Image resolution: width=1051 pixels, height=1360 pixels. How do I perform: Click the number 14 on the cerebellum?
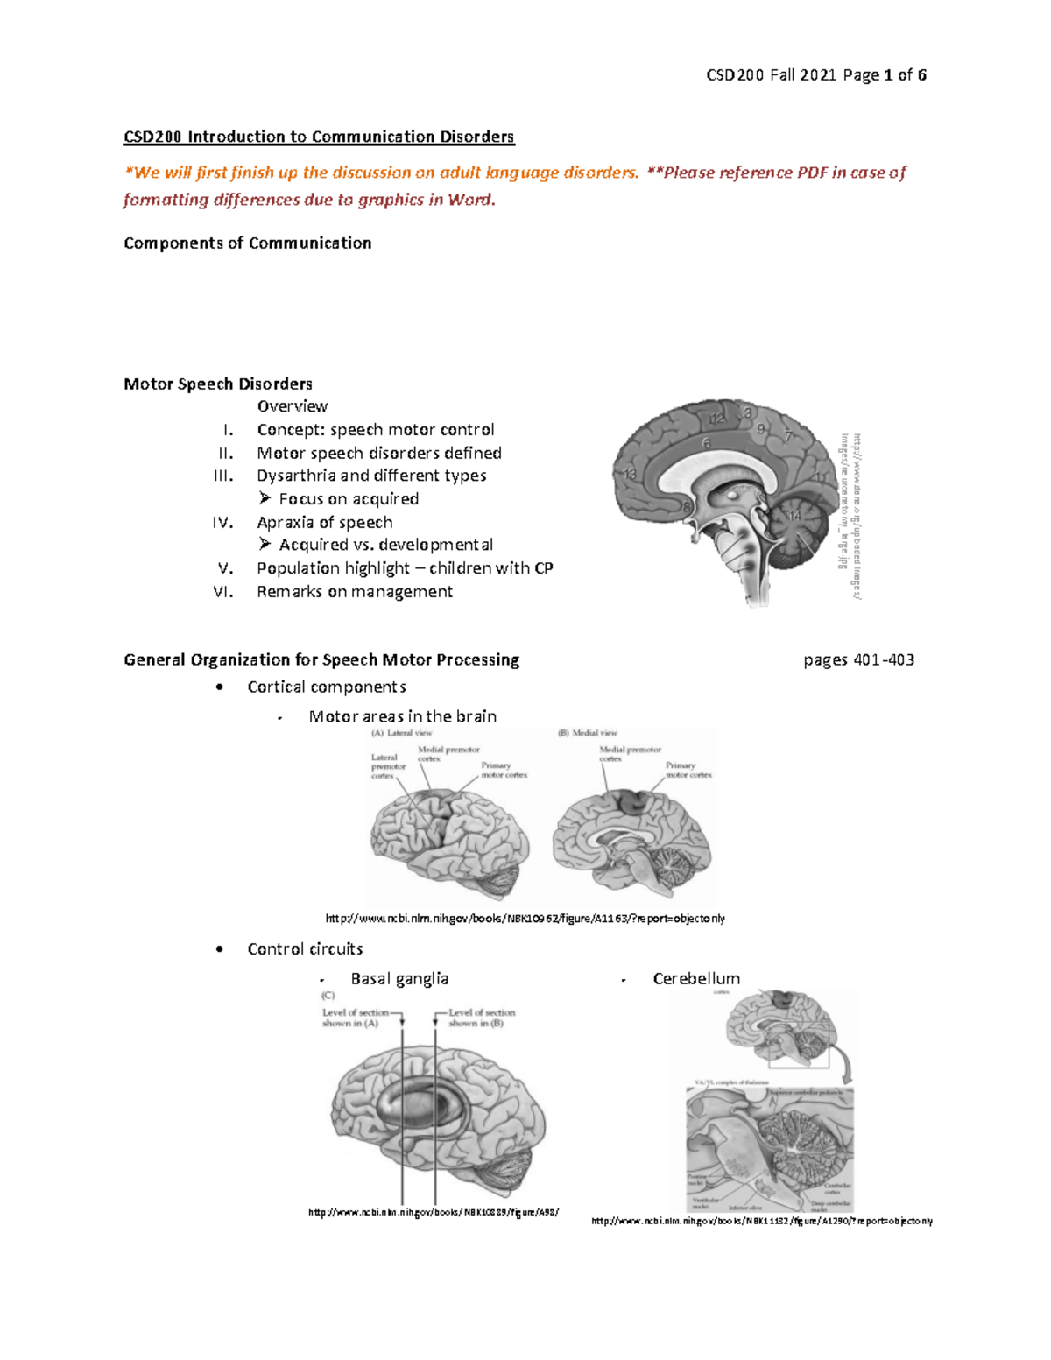[x=794, y=516]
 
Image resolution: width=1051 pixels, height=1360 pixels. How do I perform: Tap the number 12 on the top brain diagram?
[x=717, y=419]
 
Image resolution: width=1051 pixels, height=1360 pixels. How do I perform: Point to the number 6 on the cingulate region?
[x=706, y=444]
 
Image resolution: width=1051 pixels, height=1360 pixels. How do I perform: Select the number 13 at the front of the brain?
[x=629, y=474]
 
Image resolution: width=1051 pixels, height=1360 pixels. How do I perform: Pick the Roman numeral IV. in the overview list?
[x=222, y=523]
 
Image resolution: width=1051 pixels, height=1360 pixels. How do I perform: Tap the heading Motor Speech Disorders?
[x=218, y=384]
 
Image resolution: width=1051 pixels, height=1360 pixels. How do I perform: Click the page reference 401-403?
[x=884, y=660]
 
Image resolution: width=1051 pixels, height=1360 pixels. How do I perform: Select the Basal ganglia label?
[x=399, y=979]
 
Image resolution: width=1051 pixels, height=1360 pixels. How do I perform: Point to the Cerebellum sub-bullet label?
[x=696, y=979]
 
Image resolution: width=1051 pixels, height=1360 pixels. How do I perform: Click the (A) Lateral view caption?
[x=402, y=733]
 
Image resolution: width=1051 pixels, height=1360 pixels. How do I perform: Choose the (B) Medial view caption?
[x=588, y=733]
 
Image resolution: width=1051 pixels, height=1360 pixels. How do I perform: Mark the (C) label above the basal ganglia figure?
[x=328, y=996]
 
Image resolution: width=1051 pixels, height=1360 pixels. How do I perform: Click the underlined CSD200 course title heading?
[x=319, y=137]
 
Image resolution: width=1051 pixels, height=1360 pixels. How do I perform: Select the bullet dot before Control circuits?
[x=219, y=949]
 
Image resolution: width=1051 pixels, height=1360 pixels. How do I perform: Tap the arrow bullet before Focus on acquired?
[x=265, y=498]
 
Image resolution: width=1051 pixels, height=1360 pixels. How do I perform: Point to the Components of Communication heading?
[x=247, y=243]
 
